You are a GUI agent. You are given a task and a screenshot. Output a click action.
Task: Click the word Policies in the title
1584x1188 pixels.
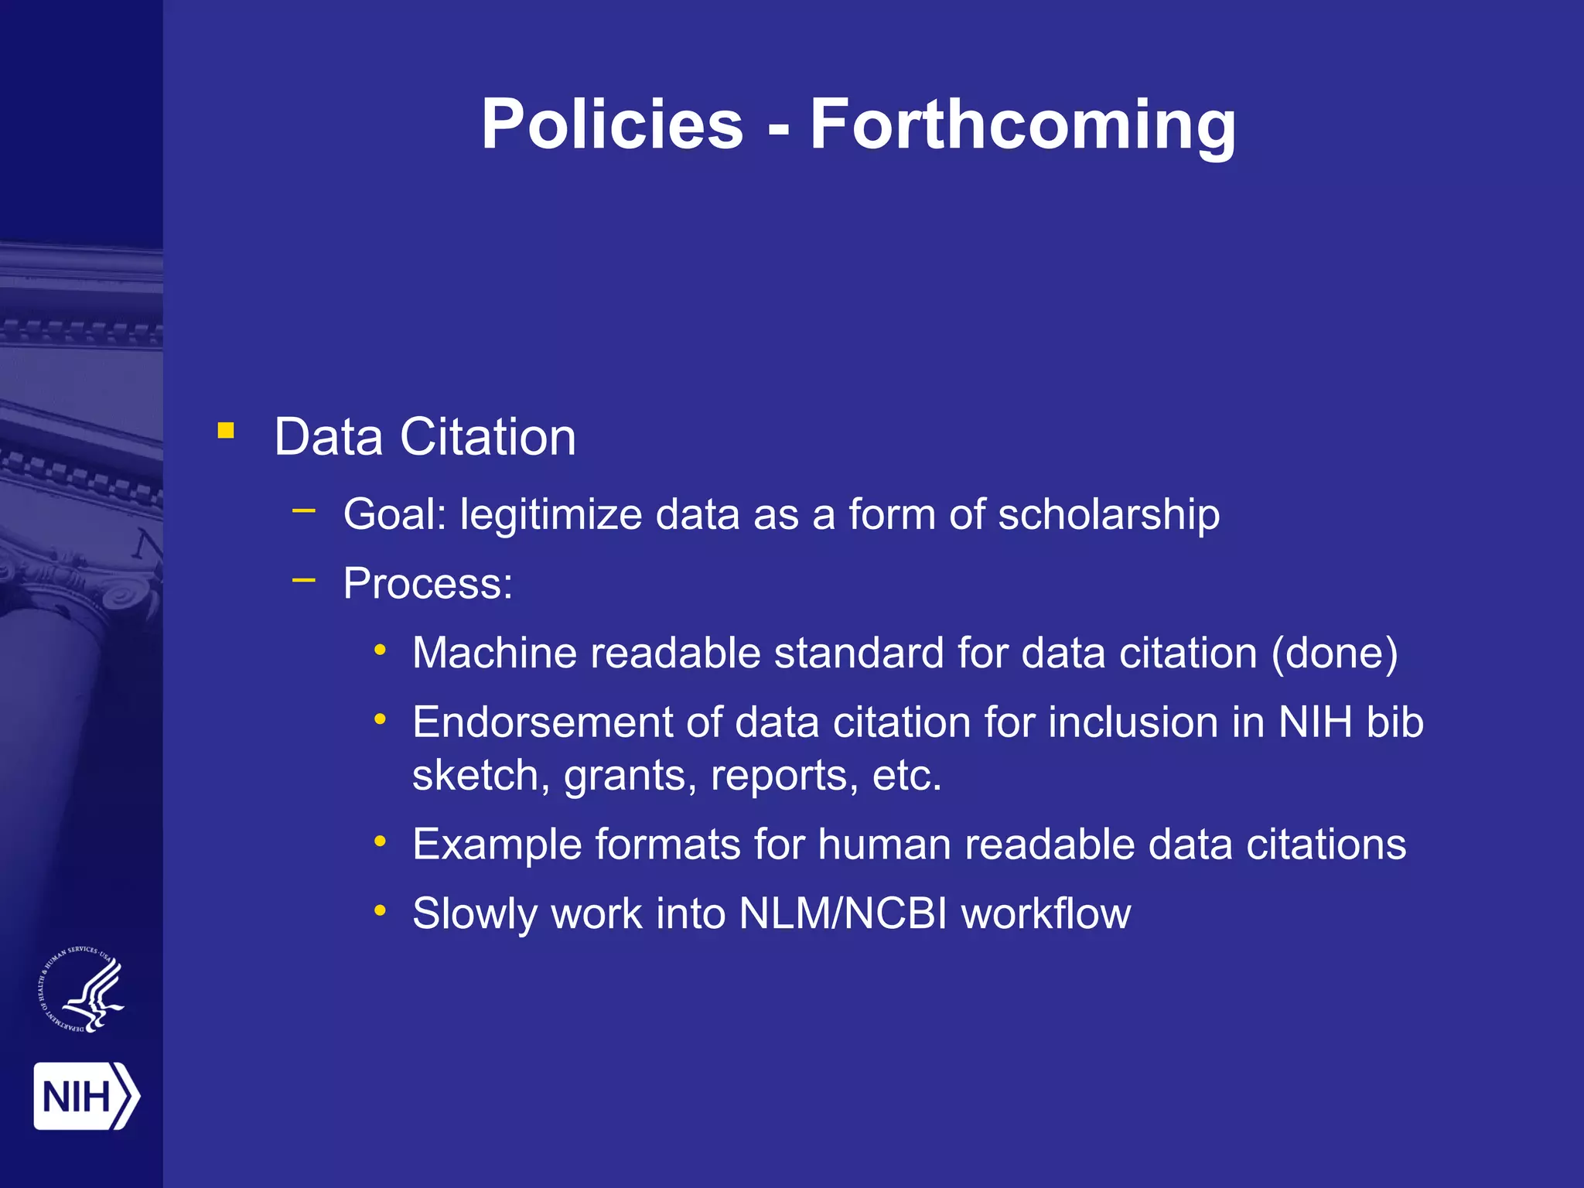pyautogui.click(x=612, y=125)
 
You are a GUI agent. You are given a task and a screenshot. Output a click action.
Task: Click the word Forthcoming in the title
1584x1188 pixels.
pyautogui.click(x=1022, y=125)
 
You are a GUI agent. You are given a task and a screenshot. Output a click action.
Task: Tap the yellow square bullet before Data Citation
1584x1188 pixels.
pyautogui.click(x=226, y=430)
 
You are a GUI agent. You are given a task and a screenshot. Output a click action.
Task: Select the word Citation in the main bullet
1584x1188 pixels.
pyautogui.click(x=487, y=438)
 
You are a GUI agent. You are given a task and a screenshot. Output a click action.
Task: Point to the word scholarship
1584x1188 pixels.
pyautogui.click(x=1108, y=515)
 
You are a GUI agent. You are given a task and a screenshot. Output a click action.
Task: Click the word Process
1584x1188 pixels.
pyautogui.click(x=428, y=584)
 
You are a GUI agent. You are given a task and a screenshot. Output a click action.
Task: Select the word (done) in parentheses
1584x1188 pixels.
pyautogui.click(x=1335, y=654)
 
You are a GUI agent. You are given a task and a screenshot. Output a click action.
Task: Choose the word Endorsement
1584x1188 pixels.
pyautogui.click(x=542, y=723)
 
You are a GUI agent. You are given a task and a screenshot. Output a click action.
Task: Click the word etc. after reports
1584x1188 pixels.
pyautogui.click(x=906, y=776)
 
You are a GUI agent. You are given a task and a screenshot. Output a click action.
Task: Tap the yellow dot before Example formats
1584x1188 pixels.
pyautogui.click(x=380, y=841)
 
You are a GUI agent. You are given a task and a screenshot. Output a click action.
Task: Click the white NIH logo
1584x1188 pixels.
pyautogui.click(x=86, y=1096)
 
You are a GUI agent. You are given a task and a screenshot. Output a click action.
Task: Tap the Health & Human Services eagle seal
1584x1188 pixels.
pyautogui.click(x=82, y=991)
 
